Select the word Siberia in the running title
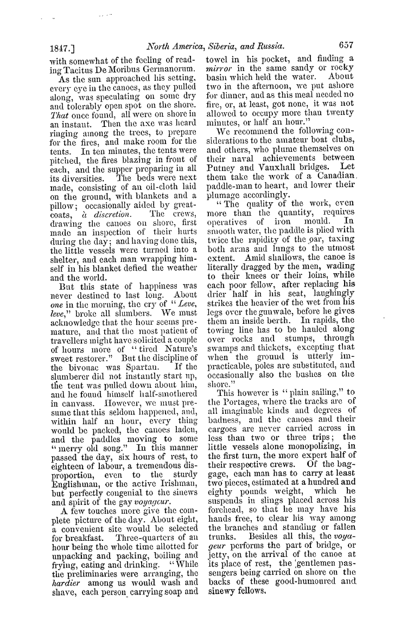(x=223, y=47)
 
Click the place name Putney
(x=222, y=161)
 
